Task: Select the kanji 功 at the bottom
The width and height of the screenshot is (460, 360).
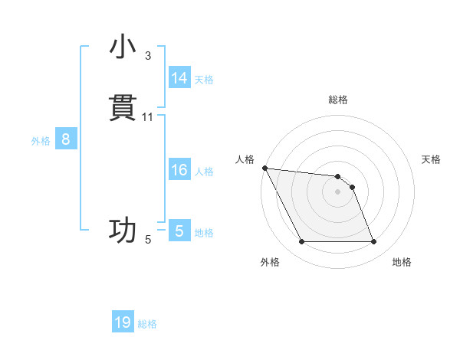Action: [123, 230]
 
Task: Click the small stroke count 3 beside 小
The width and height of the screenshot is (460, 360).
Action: [148, 56]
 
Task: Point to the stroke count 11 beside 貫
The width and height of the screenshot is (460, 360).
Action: [148, 117]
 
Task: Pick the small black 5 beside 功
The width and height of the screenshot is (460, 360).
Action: [148, 240]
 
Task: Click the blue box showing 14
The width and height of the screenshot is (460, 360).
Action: [179, 77]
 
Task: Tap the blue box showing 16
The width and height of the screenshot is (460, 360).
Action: [179, 170]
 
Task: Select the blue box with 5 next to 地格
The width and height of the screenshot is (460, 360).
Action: [179, 231]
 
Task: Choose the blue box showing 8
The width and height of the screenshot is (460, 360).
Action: [66, 139]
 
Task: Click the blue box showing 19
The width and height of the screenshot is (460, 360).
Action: [123, 322]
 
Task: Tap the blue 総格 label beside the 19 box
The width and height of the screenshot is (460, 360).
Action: [147, 324]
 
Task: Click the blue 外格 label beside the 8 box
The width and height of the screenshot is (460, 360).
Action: [41, 141]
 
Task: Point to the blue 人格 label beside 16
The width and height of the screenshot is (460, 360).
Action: [204, 172]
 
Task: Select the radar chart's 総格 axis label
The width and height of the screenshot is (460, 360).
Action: [337, 100]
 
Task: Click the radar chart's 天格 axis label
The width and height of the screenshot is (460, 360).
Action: [432, 159]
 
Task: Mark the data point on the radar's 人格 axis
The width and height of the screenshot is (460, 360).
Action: [264, 168]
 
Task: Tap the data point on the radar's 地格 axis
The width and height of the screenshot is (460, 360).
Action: [374, 242]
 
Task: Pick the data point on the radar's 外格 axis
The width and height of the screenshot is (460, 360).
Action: [301, 242]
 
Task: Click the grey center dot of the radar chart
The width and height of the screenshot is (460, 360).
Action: [337, 191]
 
